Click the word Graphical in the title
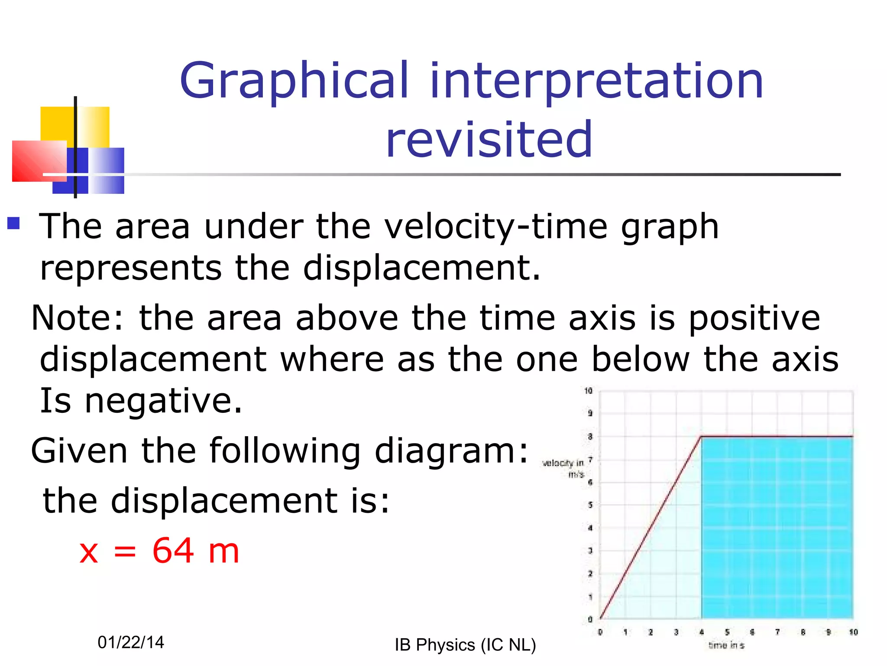[x=294, y=82]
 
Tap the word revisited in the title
[x=489, y=140]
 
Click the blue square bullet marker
[x=14, y=223]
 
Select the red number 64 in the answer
[x=173, y=551]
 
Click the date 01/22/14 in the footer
[x=131, y=642]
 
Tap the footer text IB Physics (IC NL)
[x=465, y=645]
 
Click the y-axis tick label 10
[x=588, y=391]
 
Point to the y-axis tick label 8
[x=590, y=437]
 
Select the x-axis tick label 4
[x=702, y=632]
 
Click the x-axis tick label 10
[x=853, y=632]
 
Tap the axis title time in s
[x=726, y=646]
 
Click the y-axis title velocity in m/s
[x=563, y=468]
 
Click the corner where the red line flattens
[x=701, y=436]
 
